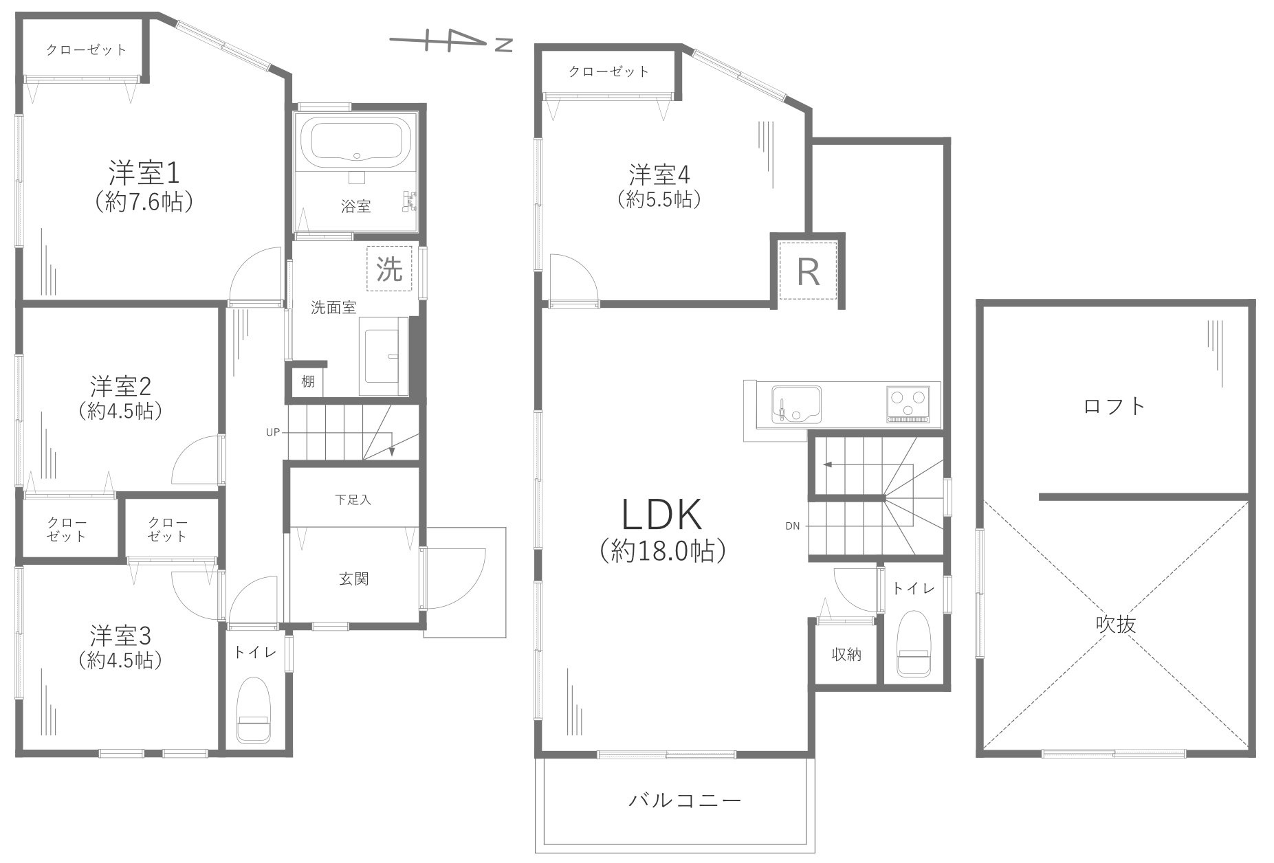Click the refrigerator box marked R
[808, 271]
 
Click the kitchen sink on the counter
[796, 405]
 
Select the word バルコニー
[684, 800]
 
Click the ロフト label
[1114, 406]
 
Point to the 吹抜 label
[1115, 623]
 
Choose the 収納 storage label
[846, 655]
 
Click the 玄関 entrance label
[353, 579]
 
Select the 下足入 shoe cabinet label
[353, 500]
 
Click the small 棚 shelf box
[307, 381]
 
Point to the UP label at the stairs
[273, 432]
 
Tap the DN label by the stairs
[792, 526]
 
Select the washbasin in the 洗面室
[385, 357]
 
